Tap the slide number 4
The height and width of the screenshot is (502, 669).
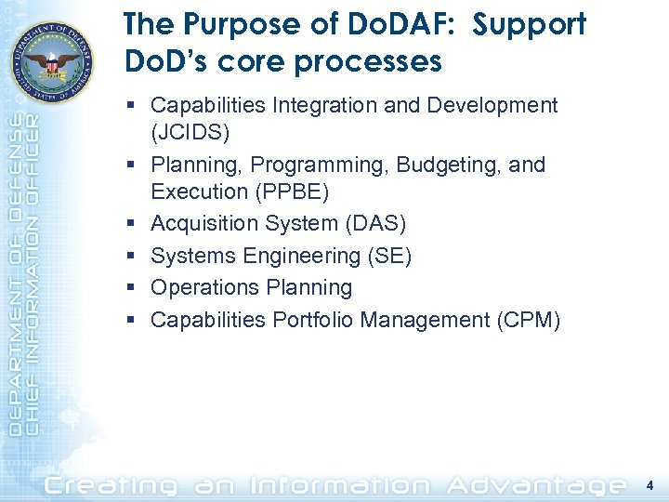pos(649,483)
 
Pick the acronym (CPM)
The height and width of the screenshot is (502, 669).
pos(528,320)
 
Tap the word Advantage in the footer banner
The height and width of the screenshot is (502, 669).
pos(536,483)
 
